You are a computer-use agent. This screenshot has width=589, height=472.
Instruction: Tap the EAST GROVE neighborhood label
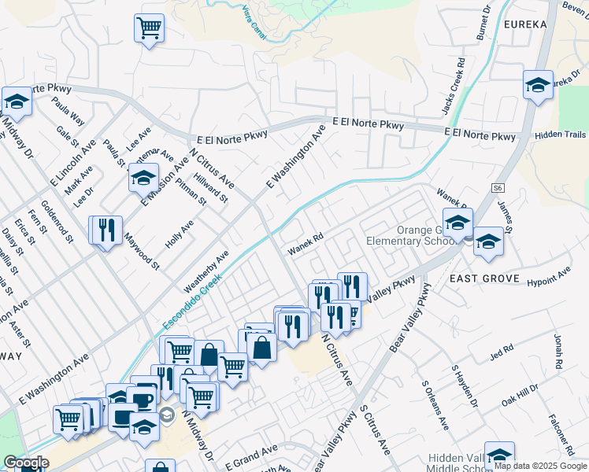pos(484,278)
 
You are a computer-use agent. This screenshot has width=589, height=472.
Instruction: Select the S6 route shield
pos(498,188)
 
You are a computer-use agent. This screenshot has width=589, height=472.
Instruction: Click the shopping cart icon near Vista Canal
pos(149,29)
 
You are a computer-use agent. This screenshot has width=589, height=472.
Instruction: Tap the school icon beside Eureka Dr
pos(538,85)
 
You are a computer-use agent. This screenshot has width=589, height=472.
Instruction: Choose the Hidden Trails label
pos(560,135)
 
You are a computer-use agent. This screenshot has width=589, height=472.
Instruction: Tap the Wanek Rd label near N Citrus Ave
pos(306,244)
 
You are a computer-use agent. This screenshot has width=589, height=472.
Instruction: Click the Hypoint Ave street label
pos(548,276)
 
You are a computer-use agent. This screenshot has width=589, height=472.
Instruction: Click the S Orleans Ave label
pos(435,406)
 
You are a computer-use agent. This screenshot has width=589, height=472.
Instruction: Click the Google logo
pos(26,463)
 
